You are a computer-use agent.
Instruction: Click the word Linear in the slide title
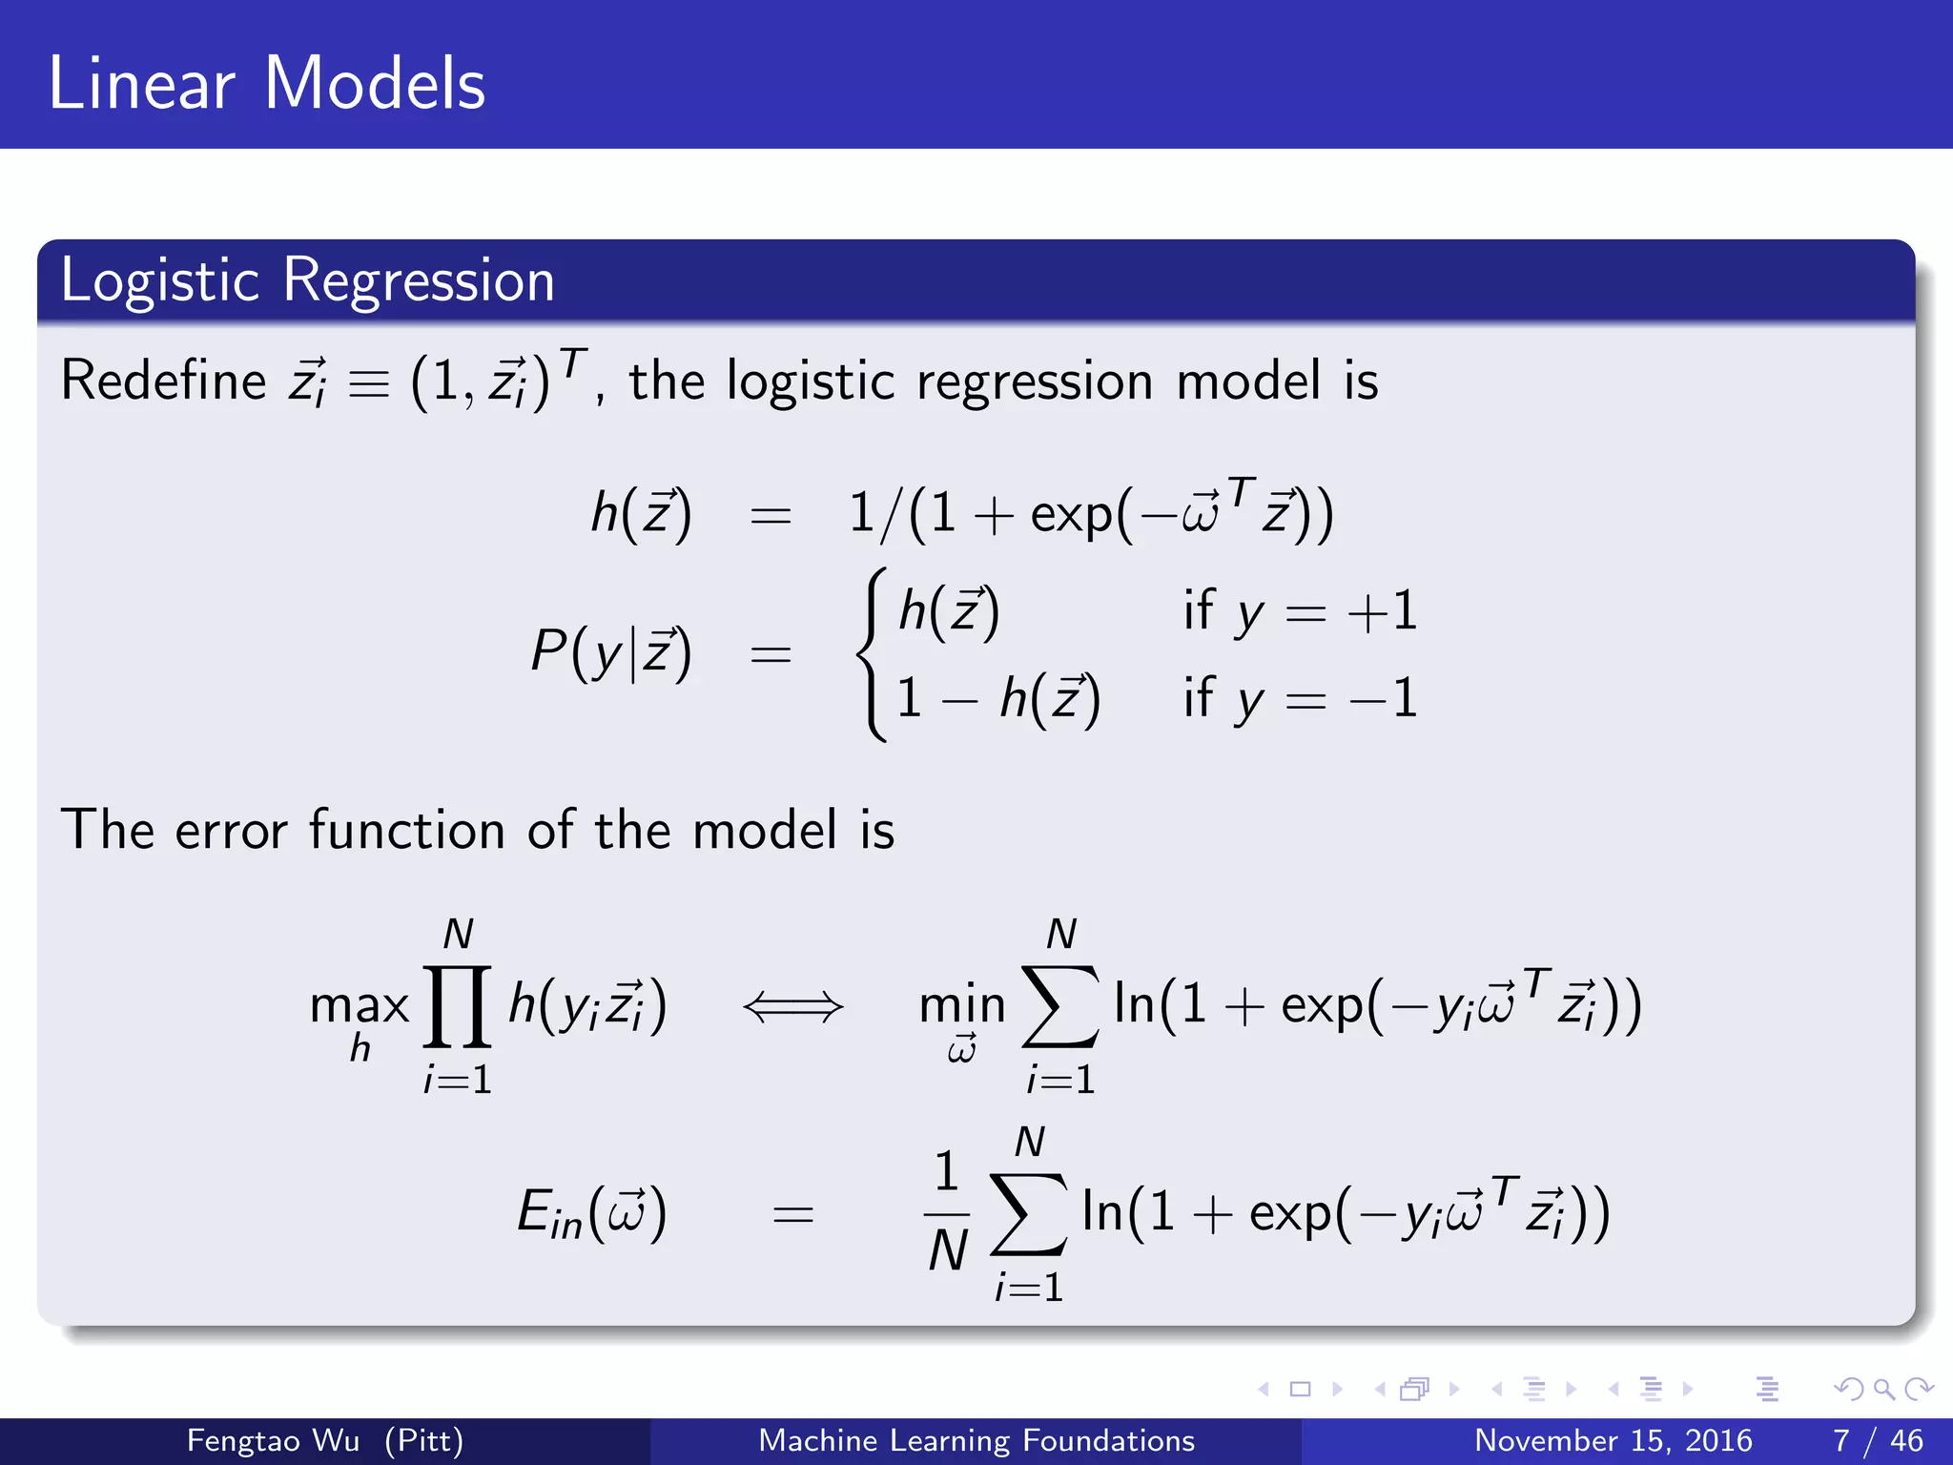pyautogui.click(x=141, y=84)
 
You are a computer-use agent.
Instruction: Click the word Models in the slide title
pyautogui.click(x=374, y=84)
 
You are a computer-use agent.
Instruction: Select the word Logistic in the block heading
pyautogui.click(x=159, y=280)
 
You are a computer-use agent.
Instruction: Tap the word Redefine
pyautogui.click(x=163, y=381)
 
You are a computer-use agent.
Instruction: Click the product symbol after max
pyautogui.click(x=458, y=1006)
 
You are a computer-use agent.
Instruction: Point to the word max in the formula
pyautogui.click(x=360, y=1006)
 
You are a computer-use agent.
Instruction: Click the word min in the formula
pyautogui.click(x=961, y=1006)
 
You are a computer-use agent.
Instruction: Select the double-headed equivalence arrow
pyautogui.click(x=793, y=1006)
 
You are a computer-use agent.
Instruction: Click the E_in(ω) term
pyautogui.click(x=591, y=1214)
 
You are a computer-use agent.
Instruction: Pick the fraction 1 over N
pyautogui.click(x=947, y=1213)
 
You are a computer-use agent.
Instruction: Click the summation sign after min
pyautogui.click(x=1059, y=1006)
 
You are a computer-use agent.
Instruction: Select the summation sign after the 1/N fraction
pyautogui.click(x=1028, y=1213)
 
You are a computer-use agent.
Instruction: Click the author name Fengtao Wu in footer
pyautogui.click(x=273, y=1440)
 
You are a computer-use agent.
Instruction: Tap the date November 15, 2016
pyautogui.click(x=1614, y=1440)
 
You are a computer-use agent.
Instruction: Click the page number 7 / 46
pyautogui.click(x=1878, y=1440)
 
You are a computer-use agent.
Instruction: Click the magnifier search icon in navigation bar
pyautogui.click(x=1883, y=1389)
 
